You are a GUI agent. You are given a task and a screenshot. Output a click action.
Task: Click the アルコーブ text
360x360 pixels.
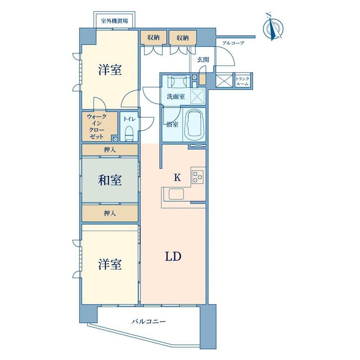(x=233, y=43)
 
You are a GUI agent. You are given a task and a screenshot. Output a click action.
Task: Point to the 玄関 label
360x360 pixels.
(x=203, y=60)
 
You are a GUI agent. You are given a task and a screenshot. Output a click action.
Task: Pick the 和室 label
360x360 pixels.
(x=110, y=180)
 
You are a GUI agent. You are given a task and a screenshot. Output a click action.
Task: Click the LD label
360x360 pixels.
(x=172, y=257)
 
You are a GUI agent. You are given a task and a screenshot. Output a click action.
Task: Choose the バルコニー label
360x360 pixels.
(x=149, y=322)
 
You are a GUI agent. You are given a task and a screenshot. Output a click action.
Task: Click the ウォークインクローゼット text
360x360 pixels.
(x=96, y=126)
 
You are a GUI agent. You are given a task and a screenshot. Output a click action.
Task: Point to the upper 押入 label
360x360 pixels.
(x=110, y=149)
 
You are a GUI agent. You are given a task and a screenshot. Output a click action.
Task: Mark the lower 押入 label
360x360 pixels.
(x=110, y=213)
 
